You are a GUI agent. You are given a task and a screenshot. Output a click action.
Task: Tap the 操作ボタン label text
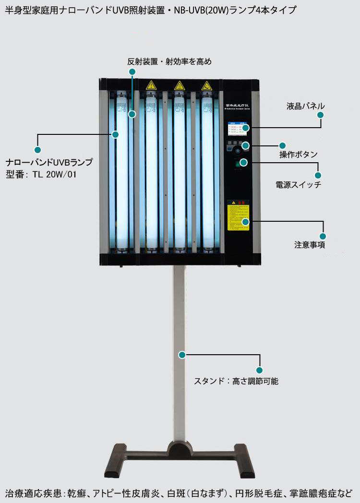click(298, 155)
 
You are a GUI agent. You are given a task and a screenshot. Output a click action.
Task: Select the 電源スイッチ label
click(298, 185)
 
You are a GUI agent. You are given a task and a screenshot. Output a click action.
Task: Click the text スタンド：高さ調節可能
click(236, 382)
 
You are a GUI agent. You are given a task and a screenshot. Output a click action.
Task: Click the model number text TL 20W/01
click(54, 175)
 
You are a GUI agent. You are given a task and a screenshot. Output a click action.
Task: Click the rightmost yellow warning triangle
click(206, 86)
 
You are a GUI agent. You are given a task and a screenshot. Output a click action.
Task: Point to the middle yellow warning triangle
click(179, 86)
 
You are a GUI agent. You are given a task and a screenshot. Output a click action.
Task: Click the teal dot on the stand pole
click(182, 355)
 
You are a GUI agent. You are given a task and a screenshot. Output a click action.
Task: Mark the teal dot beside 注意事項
click(323, 236)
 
